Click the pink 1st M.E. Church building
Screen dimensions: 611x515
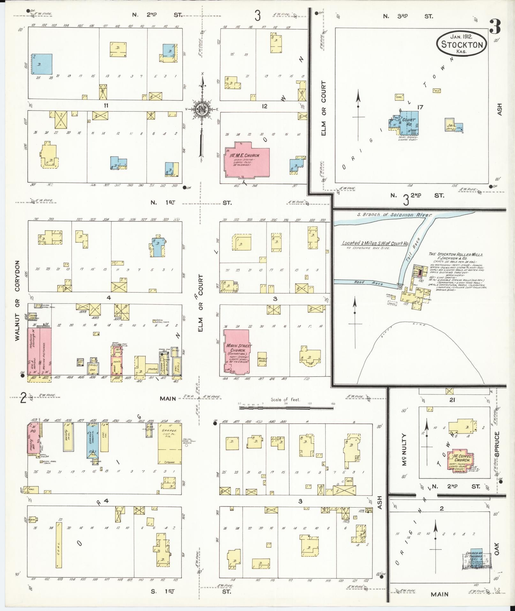pos(247,160)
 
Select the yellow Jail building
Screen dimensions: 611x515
pos(450,125)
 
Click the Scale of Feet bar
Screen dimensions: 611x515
pos(287,408)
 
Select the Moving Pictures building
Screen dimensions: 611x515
pos(45,351)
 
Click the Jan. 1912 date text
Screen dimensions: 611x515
pos(462,37)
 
